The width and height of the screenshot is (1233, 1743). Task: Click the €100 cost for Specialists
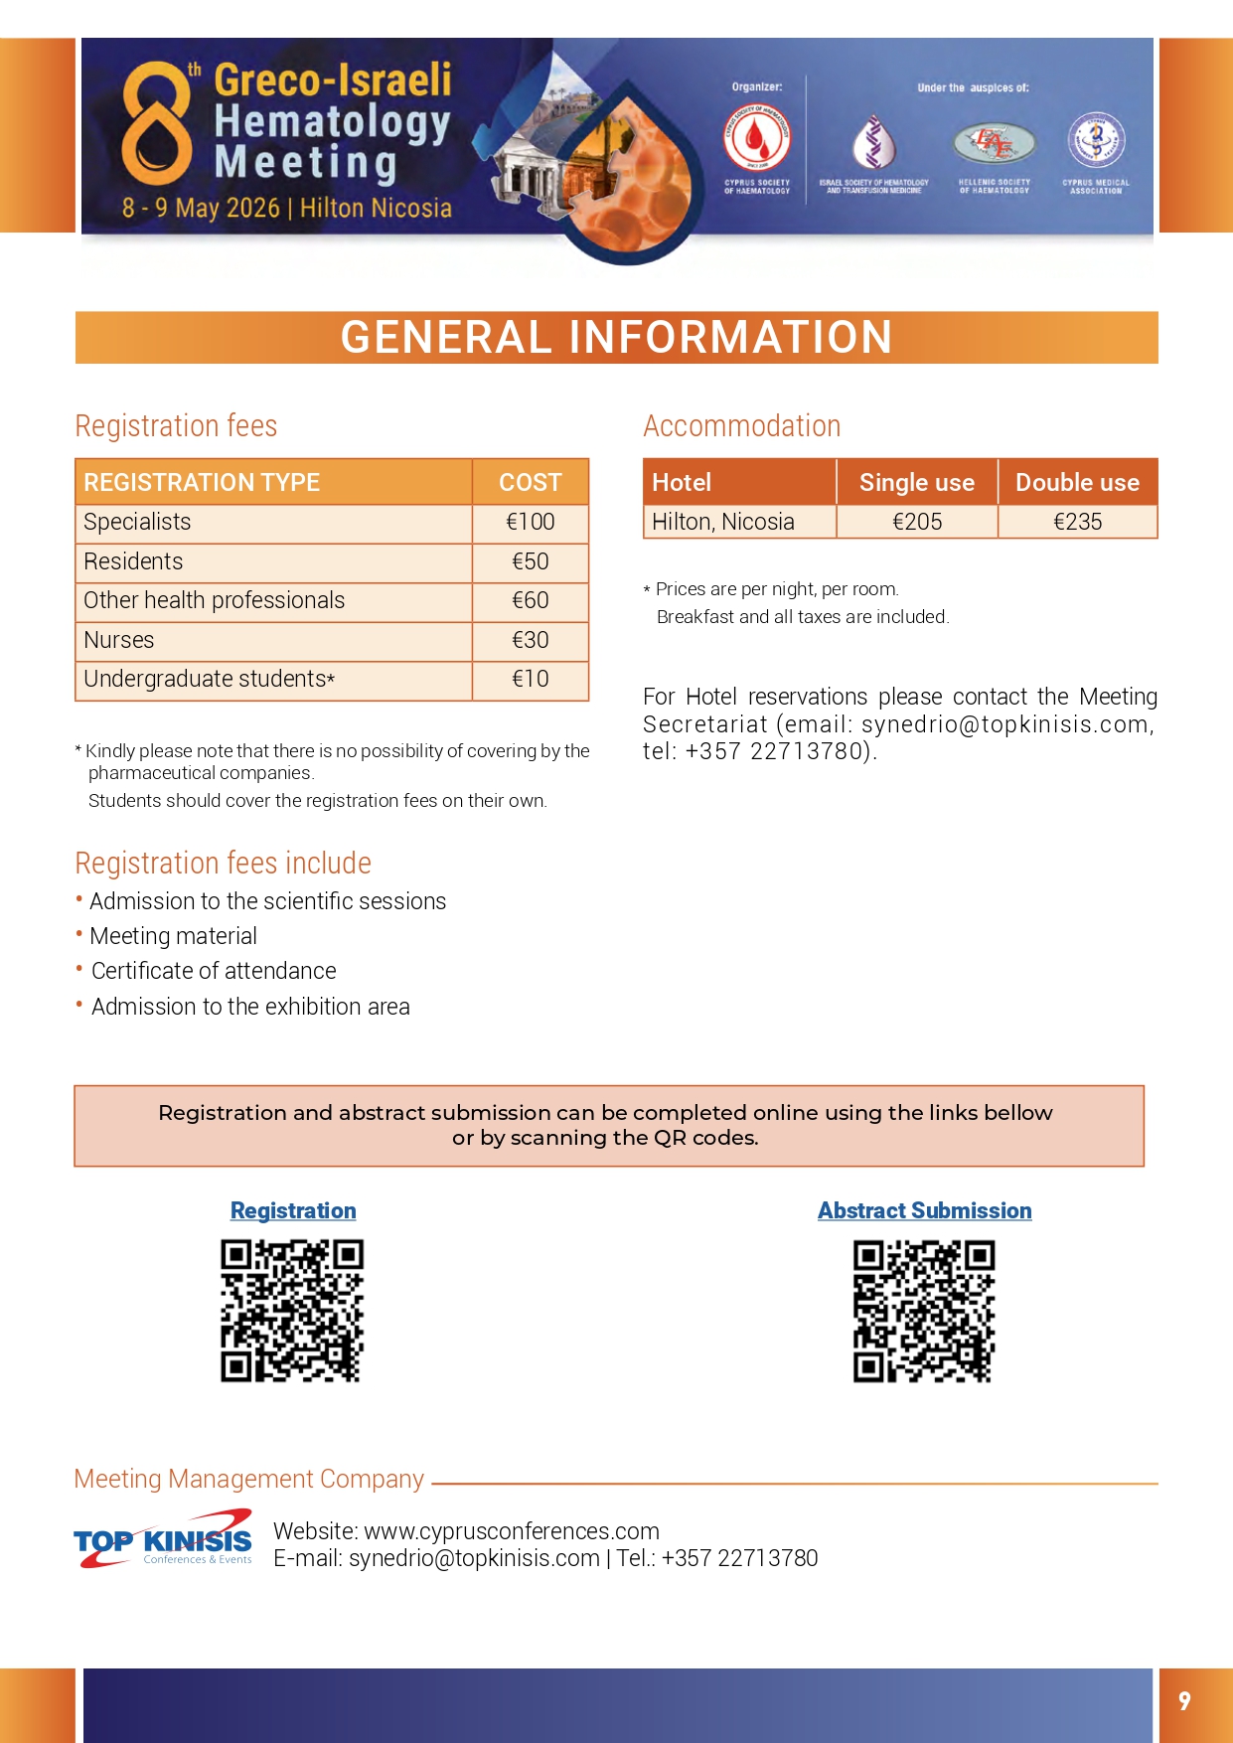tap(530, 523)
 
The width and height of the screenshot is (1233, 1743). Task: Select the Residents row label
tap(133, 562)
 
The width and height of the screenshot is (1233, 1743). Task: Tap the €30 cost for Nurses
tap(530, 641)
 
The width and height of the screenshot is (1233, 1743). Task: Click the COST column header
tap(530, 483)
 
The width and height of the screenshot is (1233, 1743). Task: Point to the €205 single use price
tap(916, 523)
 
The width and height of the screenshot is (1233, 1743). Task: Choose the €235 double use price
tap(1077, 523)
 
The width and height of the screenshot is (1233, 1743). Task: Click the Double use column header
tap(1077, 483)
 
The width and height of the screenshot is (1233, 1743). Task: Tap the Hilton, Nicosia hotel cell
tap(723, 523)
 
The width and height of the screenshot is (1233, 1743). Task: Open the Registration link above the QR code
tap(293, 1211)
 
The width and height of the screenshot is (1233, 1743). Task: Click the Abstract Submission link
tap(924, 1211)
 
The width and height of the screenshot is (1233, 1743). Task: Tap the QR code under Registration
tap(292, 1311)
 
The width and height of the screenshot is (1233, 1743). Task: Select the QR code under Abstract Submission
tap(924, 1311)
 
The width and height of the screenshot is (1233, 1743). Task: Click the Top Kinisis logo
tap(163, 1539)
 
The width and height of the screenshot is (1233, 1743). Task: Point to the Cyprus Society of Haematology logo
tap(757, 140)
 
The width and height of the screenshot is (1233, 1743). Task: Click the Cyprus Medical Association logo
tap(1096, 140)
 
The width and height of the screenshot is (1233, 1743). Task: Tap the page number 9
tap(1184, 1701)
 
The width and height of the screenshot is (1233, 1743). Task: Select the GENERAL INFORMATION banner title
tap(616, 338)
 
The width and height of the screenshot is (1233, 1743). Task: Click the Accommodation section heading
tap(741, 426)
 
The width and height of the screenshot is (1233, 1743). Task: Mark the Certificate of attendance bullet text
tap(214, 972)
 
